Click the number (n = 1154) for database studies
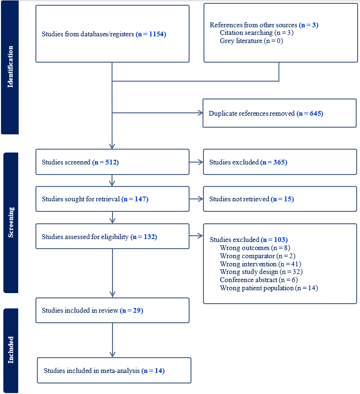(x=151, y=34)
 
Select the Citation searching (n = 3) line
(x=256, y=33)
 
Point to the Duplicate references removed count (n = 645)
(x=310, y=113)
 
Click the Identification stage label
(x=10, y=67)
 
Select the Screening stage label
(x=10, y=222)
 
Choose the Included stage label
(x=10, y=350)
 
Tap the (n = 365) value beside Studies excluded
(x=273, y=162)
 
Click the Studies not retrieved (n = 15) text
(x=251, y=199)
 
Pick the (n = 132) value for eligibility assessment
(x=144, y=237)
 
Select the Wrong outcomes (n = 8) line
(x=253, y=248)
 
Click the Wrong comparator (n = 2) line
(x=258, y=256)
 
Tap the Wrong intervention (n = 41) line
(x=260, y=264)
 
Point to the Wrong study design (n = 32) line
(x=261, y=272)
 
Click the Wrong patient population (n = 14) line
(x=269, y=288)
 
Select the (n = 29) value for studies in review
(x=132, y=310)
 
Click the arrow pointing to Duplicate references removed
(x=198, y=113)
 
